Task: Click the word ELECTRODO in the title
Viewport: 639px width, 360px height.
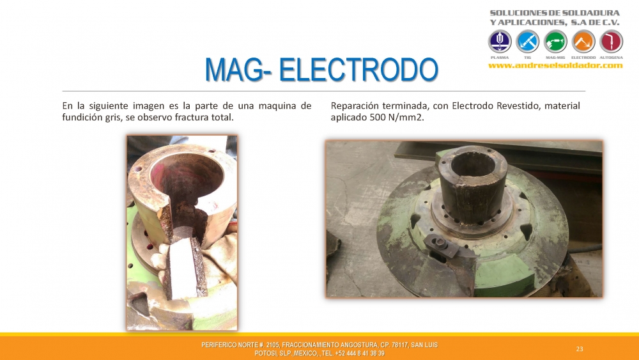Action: coord(358,70)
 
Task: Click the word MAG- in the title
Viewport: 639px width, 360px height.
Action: coord(239,70)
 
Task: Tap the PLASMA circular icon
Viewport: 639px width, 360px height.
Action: coord(500,42)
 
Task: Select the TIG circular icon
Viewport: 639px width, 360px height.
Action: coord(527,42)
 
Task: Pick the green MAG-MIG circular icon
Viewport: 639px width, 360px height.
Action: coord(555,42)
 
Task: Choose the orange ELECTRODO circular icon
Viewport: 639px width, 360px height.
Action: coord(583,42)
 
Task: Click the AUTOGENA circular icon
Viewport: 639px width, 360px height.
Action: coord(612,42)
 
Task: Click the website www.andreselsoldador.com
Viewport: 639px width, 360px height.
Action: coord(555,66)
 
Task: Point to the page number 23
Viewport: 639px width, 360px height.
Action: coord(580,349)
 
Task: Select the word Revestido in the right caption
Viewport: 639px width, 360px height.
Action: coord(518,106)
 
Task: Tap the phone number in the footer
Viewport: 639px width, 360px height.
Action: coord(360,354)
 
